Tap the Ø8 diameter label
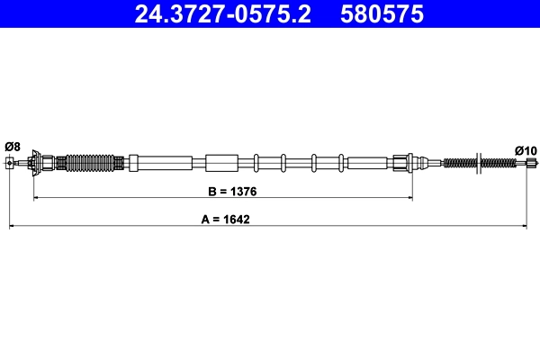point(13,146)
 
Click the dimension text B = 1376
point(223,191)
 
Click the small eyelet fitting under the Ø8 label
point(11,163)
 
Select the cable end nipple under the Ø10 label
point(531,163)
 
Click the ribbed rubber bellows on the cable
point(92,163)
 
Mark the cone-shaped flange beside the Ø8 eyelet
point(34,163)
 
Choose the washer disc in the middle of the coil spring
point(483,163)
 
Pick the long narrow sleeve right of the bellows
point(161,163)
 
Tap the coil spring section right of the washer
point(500,163)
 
